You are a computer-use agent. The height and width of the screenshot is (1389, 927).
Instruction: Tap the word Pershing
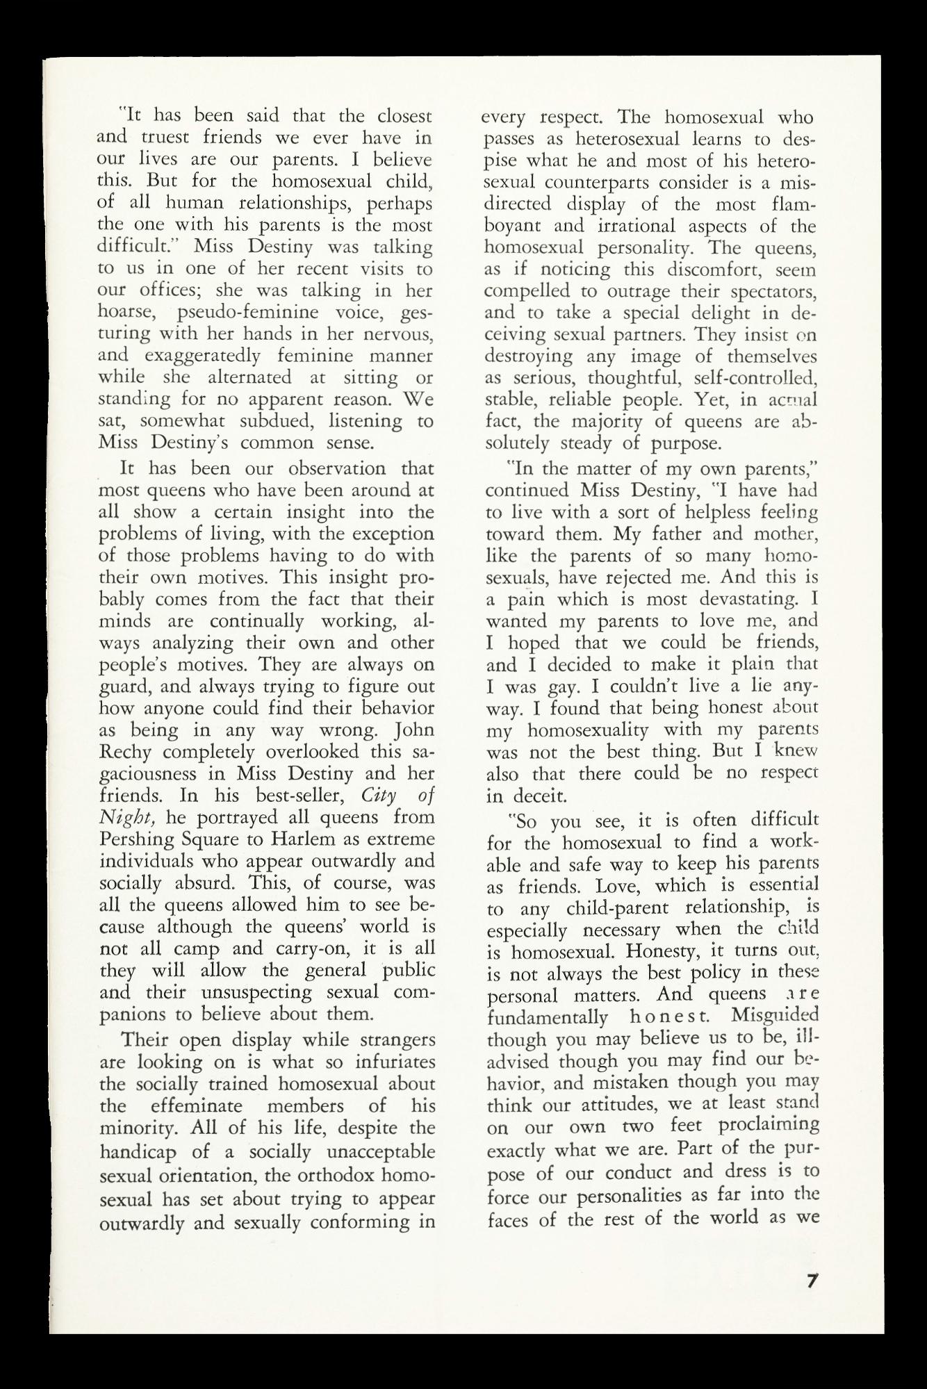pyautogui.click(x=135, y=839)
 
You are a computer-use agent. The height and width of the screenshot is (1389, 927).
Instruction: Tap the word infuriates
pyautogui.click(x=395, y=1062)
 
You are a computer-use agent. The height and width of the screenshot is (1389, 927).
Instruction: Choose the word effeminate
pyautogui.click(x=196, y=1106)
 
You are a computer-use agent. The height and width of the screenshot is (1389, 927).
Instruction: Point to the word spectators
pyautogui.click(x=771, y=291)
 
